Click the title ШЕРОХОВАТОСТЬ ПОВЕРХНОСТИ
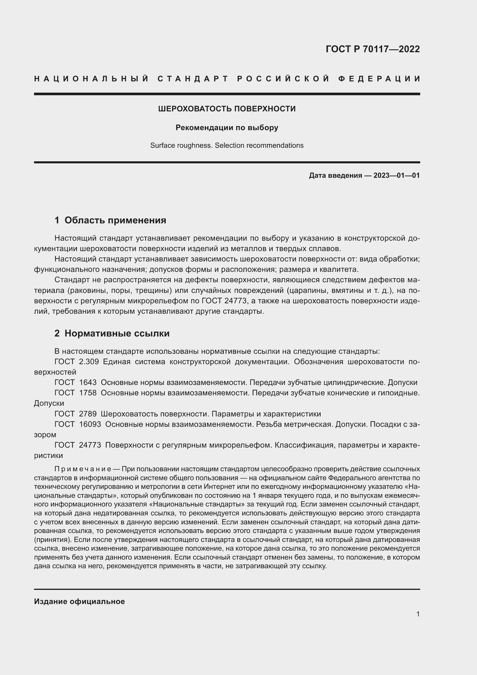click(x=227, y=109)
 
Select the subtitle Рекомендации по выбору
click(x=227, y=128)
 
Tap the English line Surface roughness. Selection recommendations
click(x=227, y=145)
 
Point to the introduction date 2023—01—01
click(x=396, y=175)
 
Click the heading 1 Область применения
click(x=110, y=220)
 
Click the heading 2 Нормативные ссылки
click(x=112, y=333)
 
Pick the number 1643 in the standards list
click(x=88, y=382)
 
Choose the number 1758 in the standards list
click(x=88, y=393)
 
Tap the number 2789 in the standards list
click(x=88, y=414)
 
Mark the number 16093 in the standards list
click(x=90, y=424)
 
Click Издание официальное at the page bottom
click(x=79, y=601)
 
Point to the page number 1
click(x=418, y=614)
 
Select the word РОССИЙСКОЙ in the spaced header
click(x=283, y=79)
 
